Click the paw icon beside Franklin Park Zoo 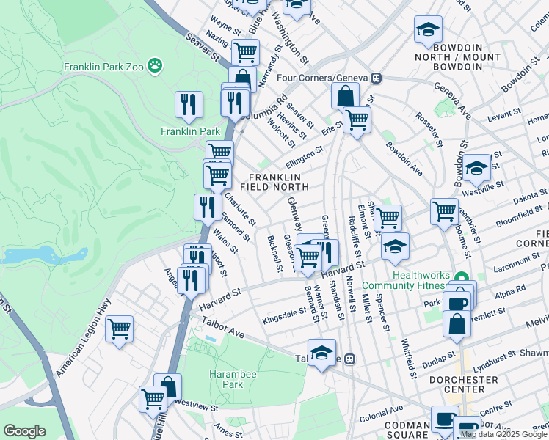click(x=155, y=67)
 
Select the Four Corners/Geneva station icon click(x=377, y=78)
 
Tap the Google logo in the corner click(x=24, y=431)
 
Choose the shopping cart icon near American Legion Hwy click(x=119, y=329)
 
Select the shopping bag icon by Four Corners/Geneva click(x=344, y=96)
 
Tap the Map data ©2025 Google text click(x=503, y=434)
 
